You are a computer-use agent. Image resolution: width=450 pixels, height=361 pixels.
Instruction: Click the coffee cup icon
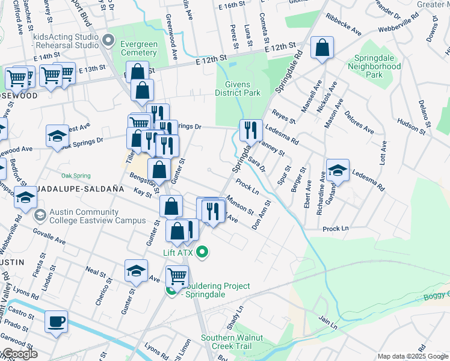(56, 321)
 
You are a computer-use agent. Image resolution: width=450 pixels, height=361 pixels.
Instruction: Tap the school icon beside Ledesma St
(337, 170)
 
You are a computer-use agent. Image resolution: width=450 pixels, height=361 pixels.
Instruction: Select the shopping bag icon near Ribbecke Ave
(322, 48)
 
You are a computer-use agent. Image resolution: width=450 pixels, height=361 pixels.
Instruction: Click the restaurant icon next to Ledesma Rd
(251, 129)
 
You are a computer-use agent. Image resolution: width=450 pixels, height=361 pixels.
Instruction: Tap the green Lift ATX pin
(202, 251)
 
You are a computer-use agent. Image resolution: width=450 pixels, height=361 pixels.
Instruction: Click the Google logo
(19, 354)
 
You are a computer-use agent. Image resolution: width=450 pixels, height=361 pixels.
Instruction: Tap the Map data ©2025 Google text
(412, 356)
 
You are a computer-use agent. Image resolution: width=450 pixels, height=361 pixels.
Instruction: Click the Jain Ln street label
(328, 324)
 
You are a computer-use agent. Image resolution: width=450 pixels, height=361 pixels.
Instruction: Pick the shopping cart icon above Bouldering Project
(177, 276)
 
